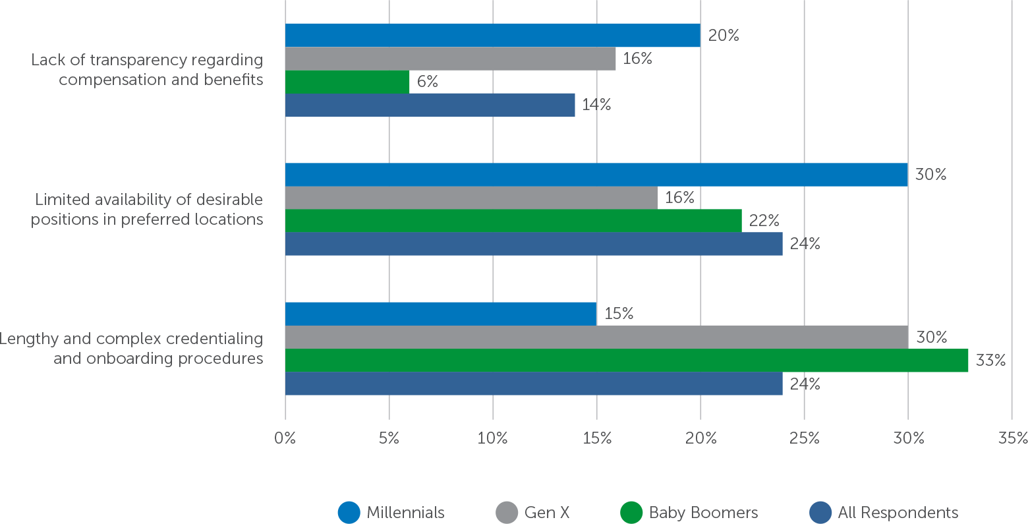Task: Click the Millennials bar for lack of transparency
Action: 492,35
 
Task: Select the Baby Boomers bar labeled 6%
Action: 347,82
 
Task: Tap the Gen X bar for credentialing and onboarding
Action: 596,337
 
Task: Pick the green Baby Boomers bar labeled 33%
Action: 626,361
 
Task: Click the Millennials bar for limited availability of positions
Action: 596,175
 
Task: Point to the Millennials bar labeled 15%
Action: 441,314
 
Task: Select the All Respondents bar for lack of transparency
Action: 430,105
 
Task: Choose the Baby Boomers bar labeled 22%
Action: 513,221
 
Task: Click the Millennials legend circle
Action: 349,513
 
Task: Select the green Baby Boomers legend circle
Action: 631,513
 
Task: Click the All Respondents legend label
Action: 898,513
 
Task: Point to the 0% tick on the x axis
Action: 285,438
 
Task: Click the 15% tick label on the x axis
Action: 596,438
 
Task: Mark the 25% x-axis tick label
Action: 804,438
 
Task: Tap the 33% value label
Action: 990,361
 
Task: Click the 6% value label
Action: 427,82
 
